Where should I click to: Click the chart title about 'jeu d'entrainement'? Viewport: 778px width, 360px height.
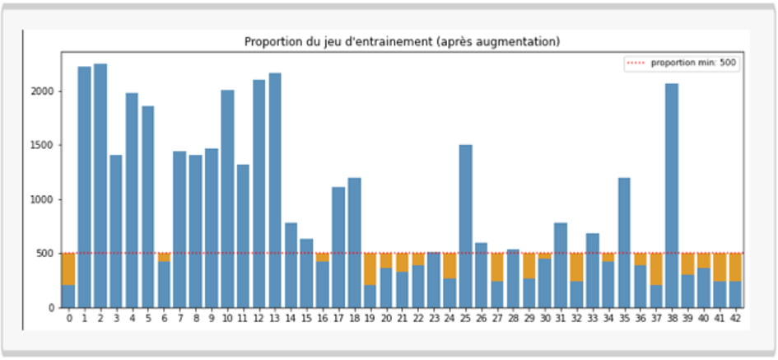pos(403,41)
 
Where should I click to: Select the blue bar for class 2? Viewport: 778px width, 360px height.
pos(100,185)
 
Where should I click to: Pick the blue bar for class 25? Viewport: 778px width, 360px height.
pos(465,227)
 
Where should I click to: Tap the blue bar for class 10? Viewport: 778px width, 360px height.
pos(227,199)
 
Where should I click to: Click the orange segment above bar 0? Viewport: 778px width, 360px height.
pos(68,269)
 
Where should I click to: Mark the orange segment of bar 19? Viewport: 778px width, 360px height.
pos(370,269)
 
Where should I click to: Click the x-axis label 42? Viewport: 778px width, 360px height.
pos(735,318)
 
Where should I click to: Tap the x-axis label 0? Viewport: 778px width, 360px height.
pos(68,318)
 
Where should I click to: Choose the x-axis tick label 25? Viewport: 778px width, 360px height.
pos(465,318)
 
